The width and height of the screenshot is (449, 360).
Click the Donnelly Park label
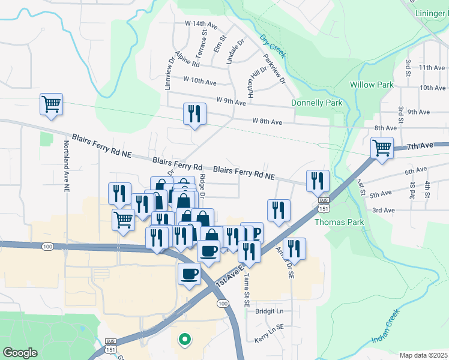pos(316,103)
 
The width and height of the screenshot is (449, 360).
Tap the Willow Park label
pos(372,85)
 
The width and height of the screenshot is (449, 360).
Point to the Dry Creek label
pos(273,46)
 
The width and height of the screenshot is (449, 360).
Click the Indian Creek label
pos(385,327)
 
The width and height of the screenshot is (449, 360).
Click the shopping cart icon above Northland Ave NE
pos(52,104)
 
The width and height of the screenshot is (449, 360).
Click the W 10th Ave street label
pos(199,80)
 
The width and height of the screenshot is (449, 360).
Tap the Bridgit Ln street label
pos(269,312)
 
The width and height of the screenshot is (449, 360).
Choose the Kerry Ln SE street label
pos(268,340)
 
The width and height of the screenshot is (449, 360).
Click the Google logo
pos(20,353)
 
